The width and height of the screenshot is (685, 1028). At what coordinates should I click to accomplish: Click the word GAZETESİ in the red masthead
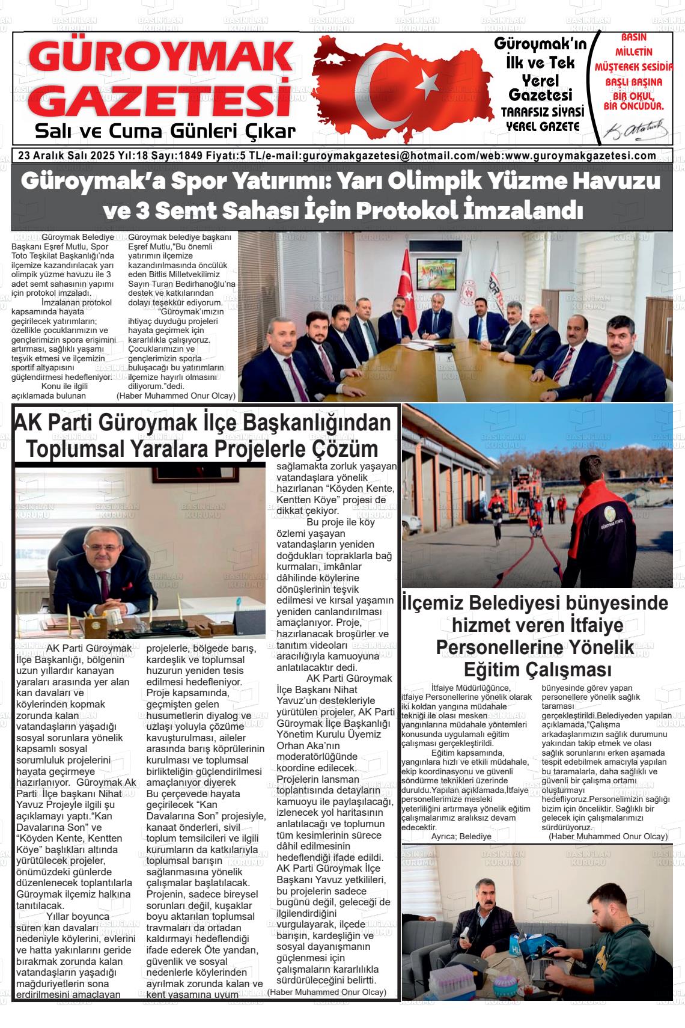160,100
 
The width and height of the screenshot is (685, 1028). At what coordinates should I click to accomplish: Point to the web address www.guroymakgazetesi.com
581,156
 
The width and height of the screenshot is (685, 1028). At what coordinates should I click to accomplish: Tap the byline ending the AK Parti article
327,992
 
